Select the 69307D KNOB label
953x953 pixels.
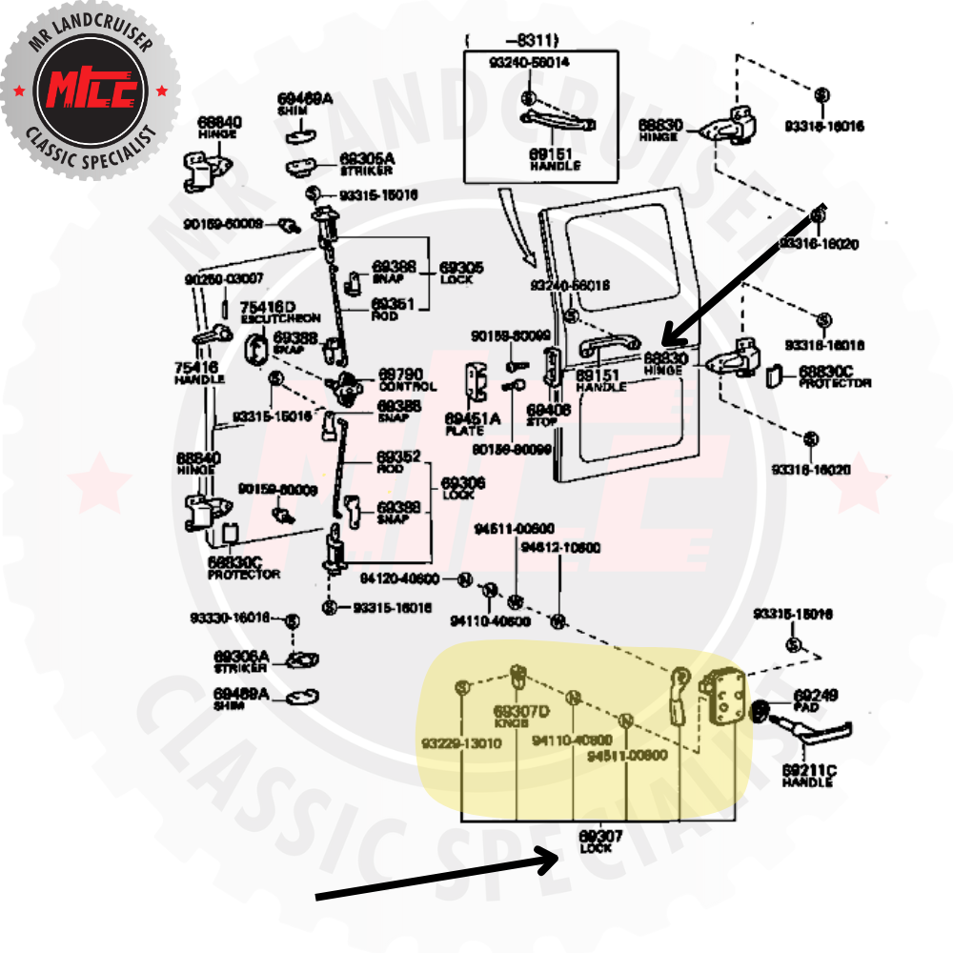521,717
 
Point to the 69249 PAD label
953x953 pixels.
816,700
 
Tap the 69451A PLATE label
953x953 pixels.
472,423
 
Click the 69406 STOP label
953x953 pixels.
549,416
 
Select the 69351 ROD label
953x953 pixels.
393,309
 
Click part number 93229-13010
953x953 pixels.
461,743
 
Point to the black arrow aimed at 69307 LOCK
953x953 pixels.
438,875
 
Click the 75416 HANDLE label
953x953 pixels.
199,372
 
